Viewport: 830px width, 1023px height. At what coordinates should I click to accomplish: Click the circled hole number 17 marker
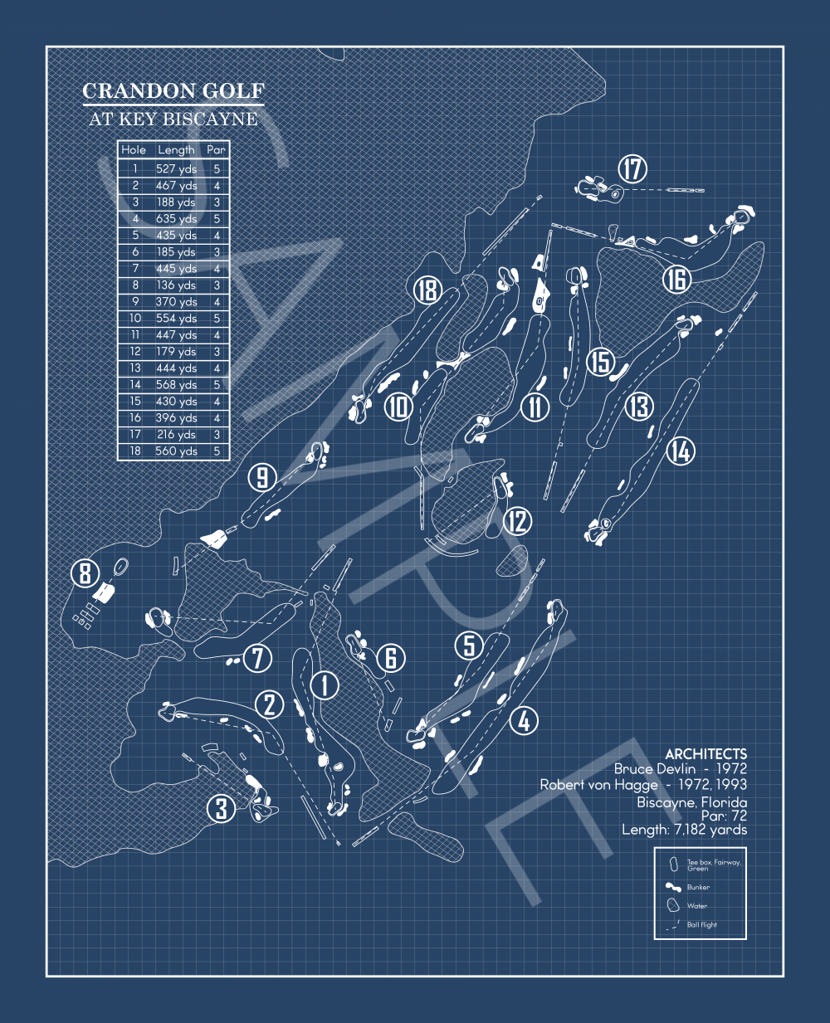632,169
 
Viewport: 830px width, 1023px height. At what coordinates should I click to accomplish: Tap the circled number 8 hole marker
85,573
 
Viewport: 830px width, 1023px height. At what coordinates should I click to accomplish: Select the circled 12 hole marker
518,521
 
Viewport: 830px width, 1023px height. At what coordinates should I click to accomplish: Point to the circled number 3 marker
221,807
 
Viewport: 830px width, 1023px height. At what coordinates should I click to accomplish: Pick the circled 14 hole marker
680,451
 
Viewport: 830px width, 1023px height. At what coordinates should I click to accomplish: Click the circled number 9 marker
262,478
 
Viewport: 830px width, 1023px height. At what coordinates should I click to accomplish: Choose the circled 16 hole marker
676,279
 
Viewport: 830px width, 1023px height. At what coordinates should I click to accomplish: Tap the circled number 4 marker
524,720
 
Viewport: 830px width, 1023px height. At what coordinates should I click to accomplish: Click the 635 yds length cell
176,219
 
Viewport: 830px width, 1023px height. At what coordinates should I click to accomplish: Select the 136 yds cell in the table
176,285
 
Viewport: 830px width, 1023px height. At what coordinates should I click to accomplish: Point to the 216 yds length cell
176,435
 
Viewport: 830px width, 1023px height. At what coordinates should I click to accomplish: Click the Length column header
176,150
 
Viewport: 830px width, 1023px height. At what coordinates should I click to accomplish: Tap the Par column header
217,150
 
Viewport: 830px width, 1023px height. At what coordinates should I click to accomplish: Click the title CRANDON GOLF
173,91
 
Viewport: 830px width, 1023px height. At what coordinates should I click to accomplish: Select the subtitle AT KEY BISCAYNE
173,119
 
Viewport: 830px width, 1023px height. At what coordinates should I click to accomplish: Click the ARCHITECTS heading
705,754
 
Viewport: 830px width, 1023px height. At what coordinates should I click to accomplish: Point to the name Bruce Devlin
655,769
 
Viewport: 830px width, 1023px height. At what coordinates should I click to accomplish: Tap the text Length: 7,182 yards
684,829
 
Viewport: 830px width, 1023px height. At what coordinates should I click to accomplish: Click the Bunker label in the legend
698,887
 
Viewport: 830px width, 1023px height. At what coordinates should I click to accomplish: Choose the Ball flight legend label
701,924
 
